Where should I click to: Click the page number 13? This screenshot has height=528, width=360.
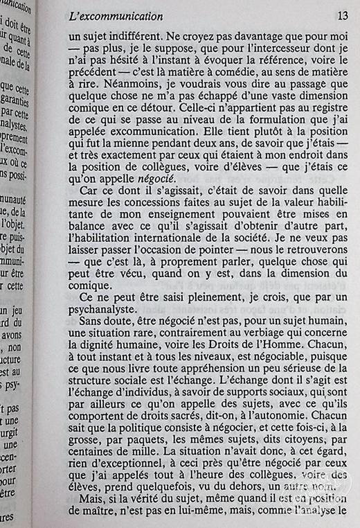(x=341, y=16)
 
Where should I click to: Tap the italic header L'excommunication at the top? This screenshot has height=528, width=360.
(x=117, y=16)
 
